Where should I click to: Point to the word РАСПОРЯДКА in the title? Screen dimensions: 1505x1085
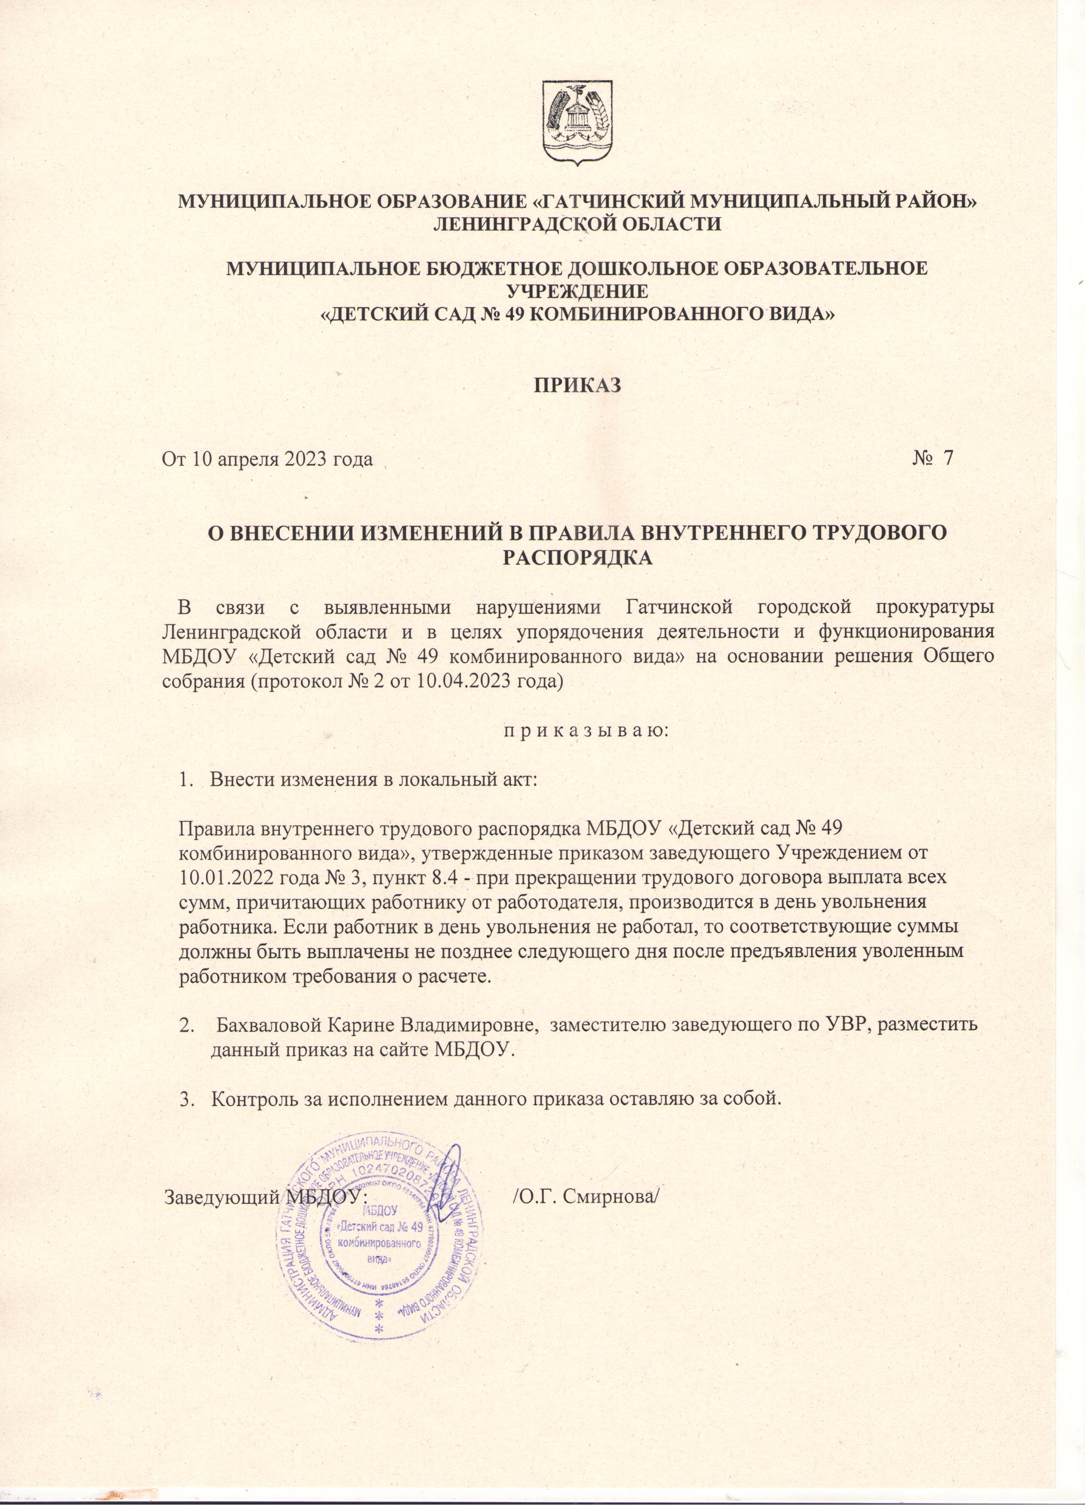point(577,559)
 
